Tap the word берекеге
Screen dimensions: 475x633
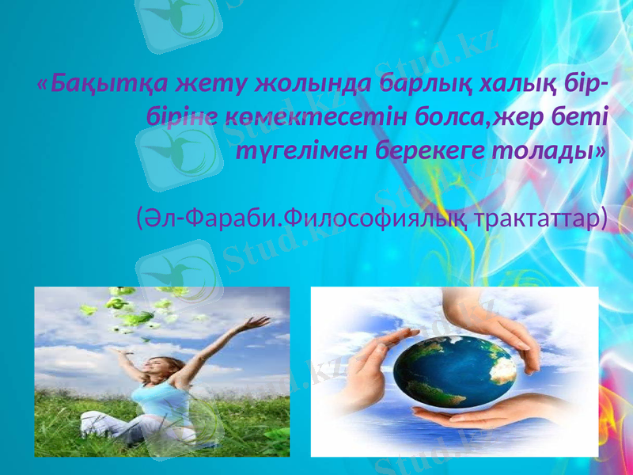[x=424, y=150]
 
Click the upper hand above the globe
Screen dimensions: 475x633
[x=483, y=321]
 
